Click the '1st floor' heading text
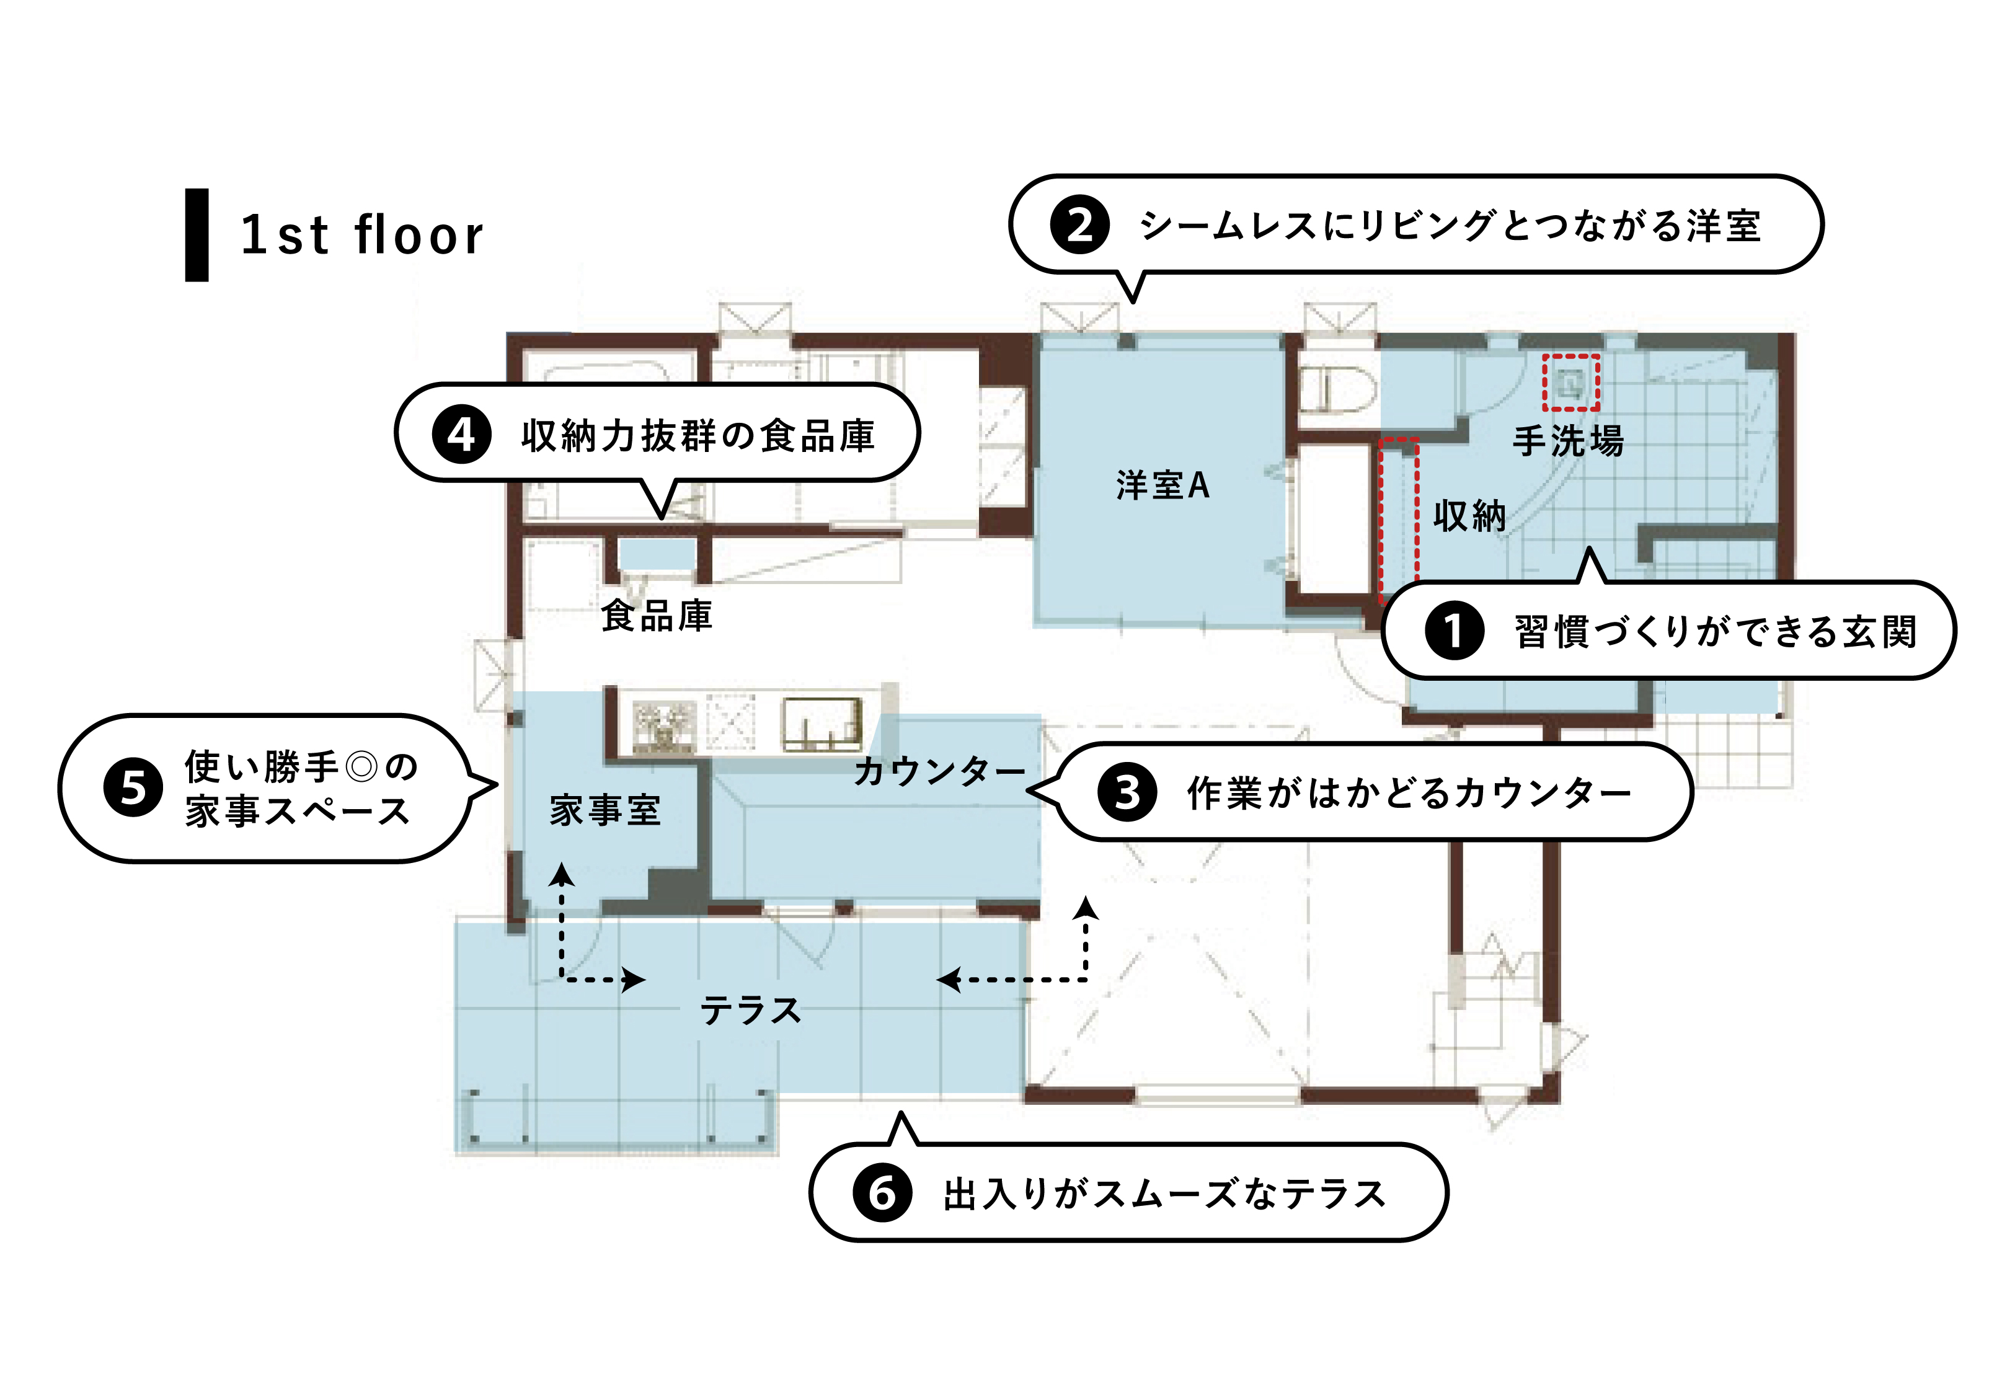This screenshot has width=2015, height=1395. pos(361,234)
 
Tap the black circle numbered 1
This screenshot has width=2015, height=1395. pos(1454,630)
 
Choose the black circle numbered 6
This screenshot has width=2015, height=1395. pos(882,1192)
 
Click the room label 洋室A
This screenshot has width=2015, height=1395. pos(1162,485)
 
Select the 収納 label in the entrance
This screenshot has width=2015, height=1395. pos(1470,516)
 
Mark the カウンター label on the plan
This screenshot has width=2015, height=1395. pos(939,771)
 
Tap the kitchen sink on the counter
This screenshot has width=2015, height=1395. pos(821,725)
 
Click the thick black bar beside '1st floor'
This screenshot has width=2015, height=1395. pos(197,235)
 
